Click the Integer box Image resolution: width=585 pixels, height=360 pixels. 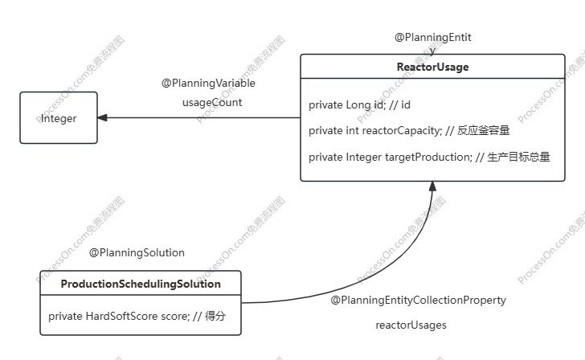coord(59,118)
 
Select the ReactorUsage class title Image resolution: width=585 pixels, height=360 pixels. coord(432,67)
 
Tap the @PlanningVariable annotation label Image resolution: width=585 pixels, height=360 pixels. coord(208,83)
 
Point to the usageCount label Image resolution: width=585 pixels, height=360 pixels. coord(212,103)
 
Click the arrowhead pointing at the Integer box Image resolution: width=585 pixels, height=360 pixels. coord(104,118)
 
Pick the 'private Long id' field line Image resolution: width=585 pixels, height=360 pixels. coord(360,105)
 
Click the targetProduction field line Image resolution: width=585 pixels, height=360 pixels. coord(429,157)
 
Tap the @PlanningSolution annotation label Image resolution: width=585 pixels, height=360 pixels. coord(137,252)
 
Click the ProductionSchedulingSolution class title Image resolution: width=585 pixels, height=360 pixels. coord(141,284)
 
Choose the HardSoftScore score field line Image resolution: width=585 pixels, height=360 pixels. coord(137,317)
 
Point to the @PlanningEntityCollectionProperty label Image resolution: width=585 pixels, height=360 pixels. coord(418,301)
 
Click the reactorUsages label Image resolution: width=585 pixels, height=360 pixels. coord(411,325)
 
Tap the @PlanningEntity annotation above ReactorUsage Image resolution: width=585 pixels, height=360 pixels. coord(432,38)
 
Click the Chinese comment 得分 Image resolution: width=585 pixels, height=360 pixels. coord(215,317)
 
